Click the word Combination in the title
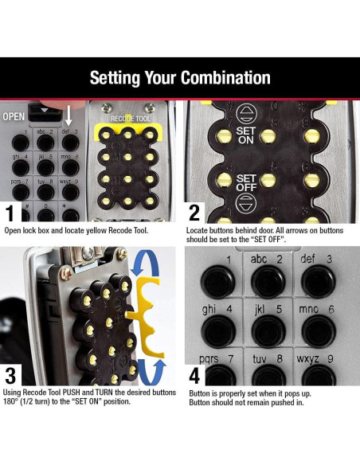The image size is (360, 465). [225, 78]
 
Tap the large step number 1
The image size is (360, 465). [10, 213]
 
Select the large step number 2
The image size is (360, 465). [194, 213]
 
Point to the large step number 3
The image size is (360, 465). [10, 375]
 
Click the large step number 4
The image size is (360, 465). [194, 376]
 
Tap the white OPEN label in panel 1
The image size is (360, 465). [14, 116]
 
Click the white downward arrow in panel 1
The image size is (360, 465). [68, 115]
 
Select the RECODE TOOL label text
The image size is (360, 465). [130, 119]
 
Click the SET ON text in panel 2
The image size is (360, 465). [245, 135]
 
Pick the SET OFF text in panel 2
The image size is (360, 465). [246, 182]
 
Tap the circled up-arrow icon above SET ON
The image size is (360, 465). [246, 114]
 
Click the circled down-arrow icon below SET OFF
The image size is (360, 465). [246, 204]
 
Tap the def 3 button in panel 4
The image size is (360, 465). [318, 281]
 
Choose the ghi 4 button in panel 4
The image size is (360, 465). [218, 331]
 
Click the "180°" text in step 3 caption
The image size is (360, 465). [10, 402]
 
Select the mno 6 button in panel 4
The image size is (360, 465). [319, 331]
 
